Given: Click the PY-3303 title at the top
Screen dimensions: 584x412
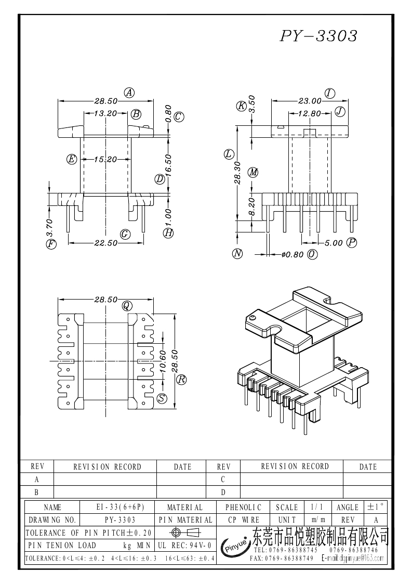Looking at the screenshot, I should click(x=318, y=36).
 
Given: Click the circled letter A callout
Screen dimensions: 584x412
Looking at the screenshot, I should click(x=129, y=93).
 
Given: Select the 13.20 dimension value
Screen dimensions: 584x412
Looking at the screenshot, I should click(x=104, y=113).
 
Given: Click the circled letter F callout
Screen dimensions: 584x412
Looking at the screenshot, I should click(x=51, y=243).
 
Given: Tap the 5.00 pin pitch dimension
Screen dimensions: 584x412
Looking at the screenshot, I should click(x=334, y=243).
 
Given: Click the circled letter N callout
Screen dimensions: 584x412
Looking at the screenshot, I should click(x=237, y=254).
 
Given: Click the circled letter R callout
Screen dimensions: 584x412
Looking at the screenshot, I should click(x=181, y=379).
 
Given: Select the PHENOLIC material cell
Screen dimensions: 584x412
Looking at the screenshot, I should click(x=243, y=507).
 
